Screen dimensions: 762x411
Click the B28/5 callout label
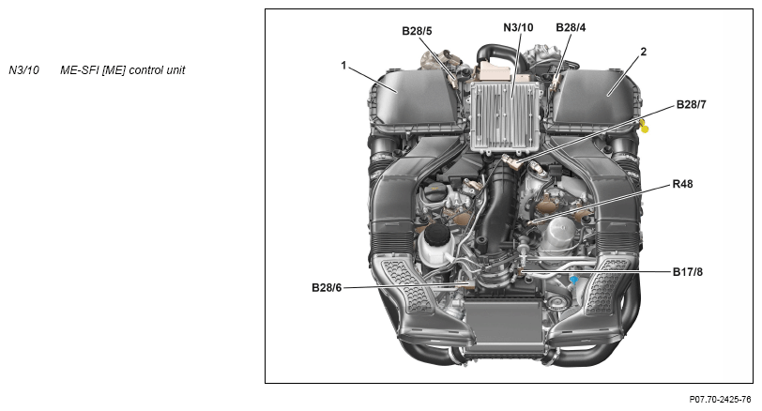click(x=417, y=31)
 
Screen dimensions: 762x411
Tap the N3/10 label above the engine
click(x=518, y=27)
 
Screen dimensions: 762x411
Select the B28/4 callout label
click(x=571, y=27)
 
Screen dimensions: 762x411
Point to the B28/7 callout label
click(x=691, y=104)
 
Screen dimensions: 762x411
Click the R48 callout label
click(x=682, y=184)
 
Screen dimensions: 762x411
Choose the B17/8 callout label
click(x=687, y=272)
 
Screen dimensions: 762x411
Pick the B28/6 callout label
click(x=327, y=288)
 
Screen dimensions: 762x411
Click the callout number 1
click(x=343, y=65)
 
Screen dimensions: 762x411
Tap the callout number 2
click(x=644, y=52)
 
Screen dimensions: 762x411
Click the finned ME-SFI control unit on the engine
click(x=506, y=116)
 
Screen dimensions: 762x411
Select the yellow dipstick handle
click(x=644, y=127)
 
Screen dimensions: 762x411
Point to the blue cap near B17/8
click(x=574, y=281)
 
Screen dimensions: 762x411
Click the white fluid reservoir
click(x=434, y=245)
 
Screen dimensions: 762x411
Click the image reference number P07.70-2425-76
click(x=720, y=400)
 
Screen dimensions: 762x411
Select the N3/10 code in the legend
click(x=23, y=70)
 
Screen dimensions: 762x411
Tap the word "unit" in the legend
click(x=176, y=70)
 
